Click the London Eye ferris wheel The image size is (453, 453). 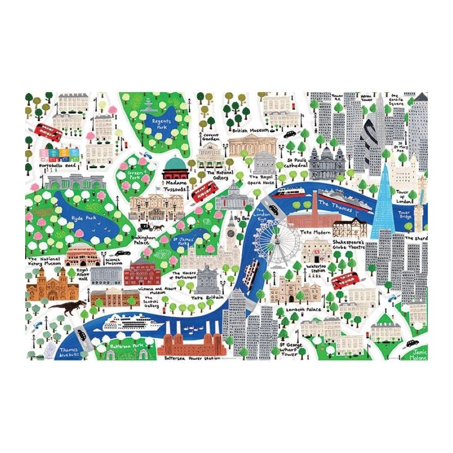click(275, 241)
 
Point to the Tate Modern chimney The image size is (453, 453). click(315, 202)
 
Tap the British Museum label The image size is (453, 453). click(248, 130)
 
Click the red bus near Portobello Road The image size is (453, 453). click(49, 133)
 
